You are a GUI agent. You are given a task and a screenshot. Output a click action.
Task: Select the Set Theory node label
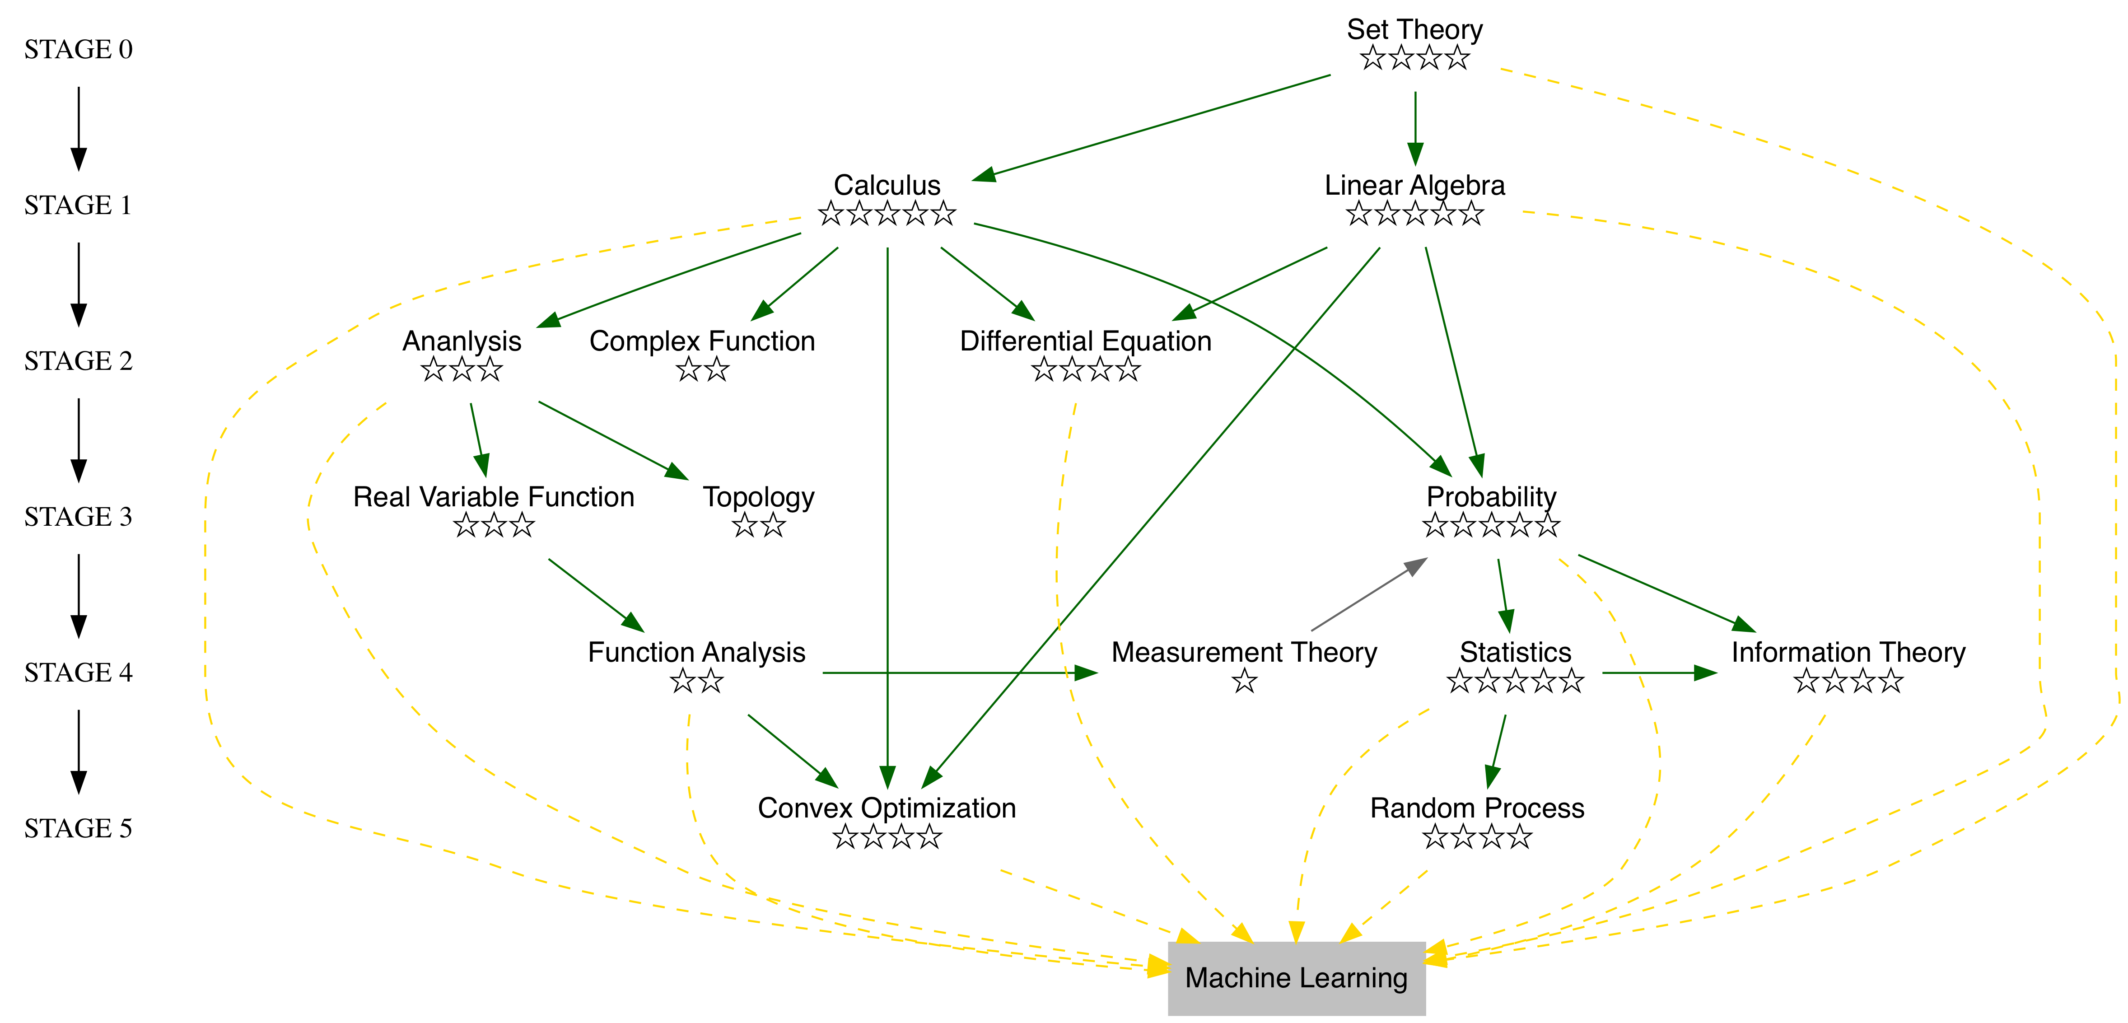1414,30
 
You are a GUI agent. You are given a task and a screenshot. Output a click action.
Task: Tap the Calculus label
887,185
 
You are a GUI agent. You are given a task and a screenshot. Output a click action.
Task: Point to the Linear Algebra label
1414,185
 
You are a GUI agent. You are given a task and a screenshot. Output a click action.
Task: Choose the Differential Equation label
1086,341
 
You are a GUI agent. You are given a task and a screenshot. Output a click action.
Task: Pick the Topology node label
758,497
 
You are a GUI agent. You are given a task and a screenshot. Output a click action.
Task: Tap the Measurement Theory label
1244,653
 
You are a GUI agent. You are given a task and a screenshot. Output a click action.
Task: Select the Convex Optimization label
887,808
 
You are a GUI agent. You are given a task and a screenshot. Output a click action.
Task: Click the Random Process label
1477,808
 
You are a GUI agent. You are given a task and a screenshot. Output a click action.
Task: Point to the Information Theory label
1848,653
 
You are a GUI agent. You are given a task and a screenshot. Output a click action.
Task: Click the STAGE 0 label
79,50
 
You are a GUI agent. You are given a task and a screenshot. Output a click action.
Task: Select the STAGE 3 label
79,516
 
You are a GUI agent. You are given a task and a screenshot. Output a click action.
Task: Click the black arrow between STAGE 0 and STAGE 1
79,128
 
